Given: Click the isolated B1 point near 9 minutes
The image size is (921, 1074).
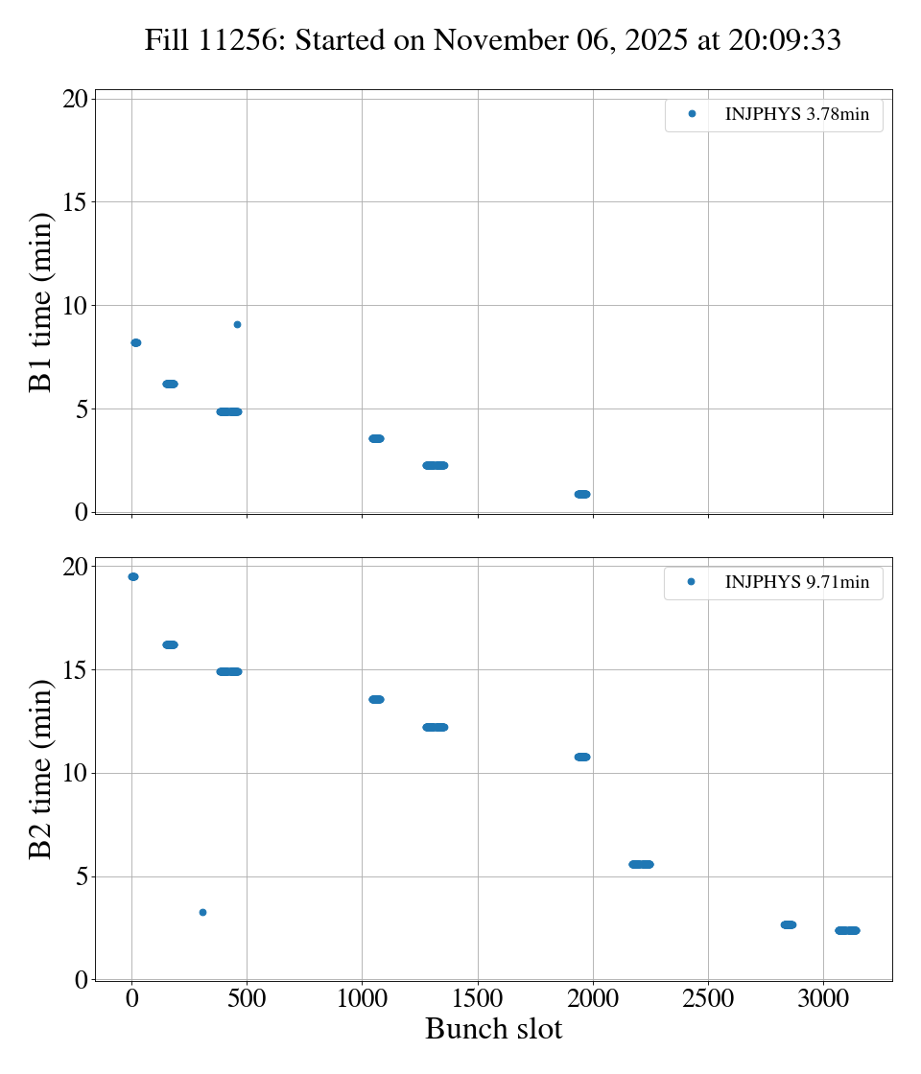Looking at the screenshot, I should pyautogui.click(x=237, y=324).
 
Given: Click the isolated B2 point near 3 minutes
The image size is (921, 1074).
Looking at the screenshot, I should pyautogui.click(x=202, y=912).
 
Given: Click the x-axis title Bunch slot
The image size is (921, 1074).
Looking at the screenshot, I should pyautogui.click(x=493, y=1030).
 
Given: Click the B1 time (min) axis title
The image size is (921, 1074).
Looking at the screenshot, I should pyautogui.click(x=40, y=303).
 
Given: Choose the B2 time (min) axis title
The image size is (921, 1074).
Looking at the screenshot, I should pyautogui.click(x=40, y=770).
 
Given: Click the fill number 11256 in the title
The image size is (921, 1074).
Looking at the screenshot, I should pyautogui.click(x=248, y=40).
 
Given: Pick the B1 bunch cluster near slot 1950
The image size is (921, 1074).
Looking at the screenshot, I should pyautogui.click(x=582, y=494).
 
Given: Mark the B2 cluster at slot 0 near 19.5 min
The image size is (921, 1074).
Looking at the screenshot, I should pyautogui.click(x=132, y=576).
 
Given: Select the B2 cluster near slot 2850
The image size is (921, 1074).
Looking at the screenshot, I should pyautogui.click(x=789, y=924).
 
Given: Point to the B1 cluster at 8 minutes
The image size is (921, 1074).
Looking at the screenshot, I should pyautogui.click(x=135, y=342).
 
